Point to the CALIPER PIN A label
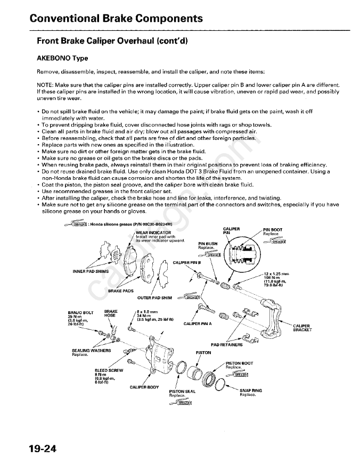tap(197, 323)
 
